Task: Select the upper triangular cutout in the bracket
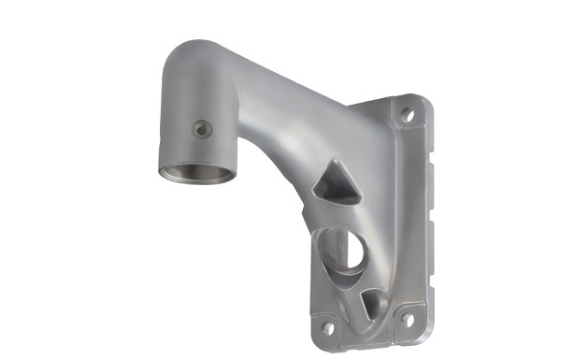click(x=337, y=184)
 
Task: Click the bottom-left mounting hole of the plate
click(x=326, y=328)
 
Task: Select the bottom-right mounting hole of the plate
click(x=407, y=320)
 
